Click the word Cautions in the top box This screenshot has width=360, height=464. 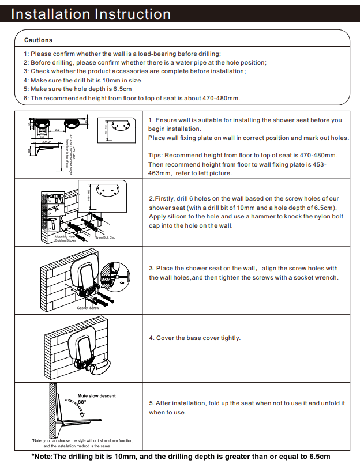point(38,40)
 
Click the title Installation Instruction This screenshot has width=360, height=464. point(91,14)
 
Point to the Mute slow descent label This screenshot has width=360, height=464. point(96,396)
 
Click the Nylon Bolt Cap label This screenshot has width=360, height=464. point(105,237)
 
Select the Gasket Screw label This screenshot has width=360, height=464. point(88,308)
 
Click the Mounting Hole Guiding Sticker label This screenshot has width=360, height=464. point(65,238)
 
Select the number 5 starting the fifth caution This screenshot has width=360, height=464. point(25,89)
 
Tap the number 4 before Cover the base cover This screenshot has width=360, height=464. point(151,338)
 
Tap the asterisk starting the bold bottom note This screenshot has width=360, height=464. point(32,455)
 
